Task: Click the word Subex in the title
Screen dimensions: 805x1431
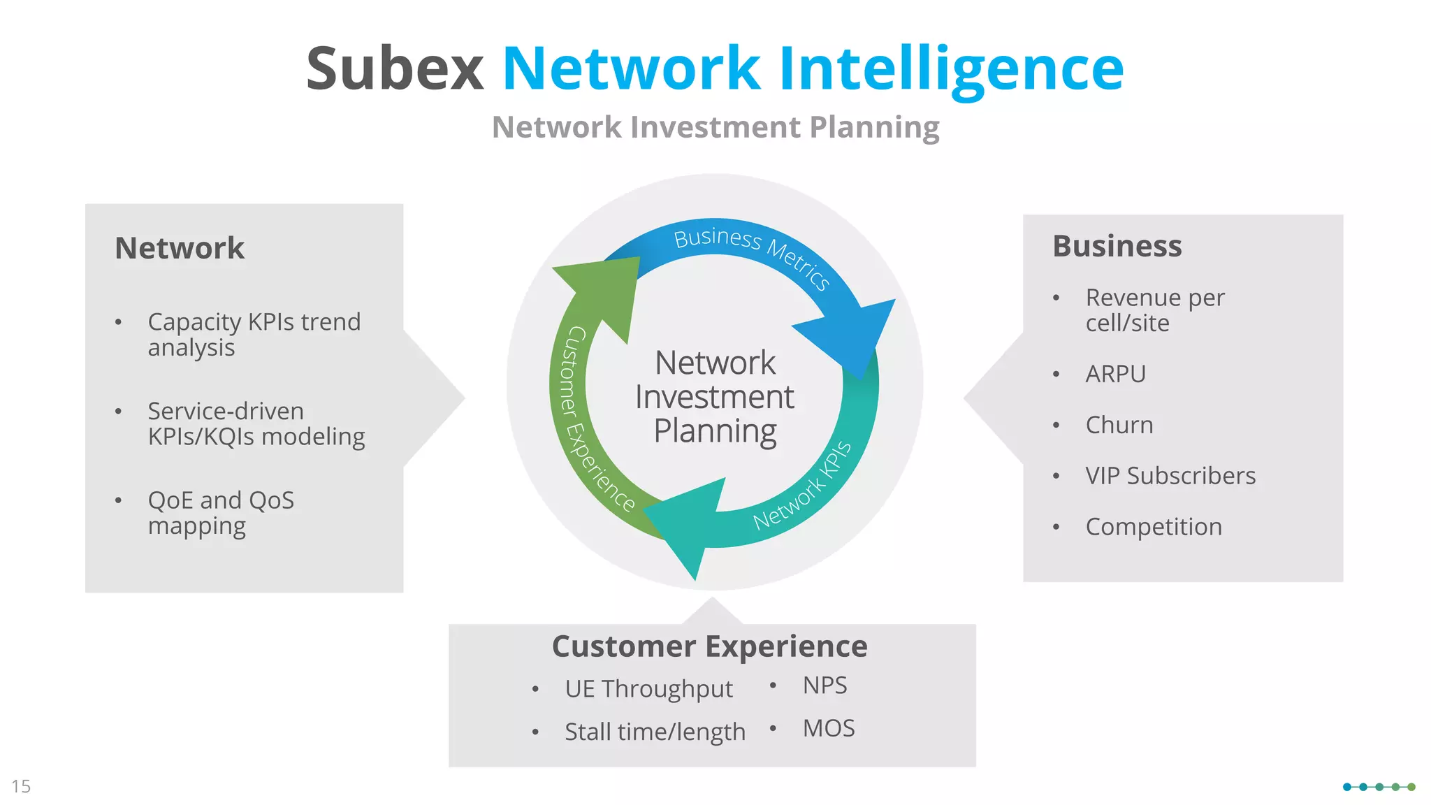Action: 395,68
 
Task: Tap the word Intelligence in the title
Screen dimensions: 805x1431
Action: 951,68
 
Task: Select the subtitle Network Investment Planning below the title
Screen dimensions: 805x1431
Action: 715,127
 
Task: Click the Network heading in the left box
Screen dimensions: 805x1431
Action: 180,248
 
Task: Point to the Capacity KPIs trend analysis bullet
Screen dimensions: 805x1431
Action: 254,334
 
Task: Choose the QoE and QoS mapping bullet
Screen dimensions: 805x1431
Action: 221,512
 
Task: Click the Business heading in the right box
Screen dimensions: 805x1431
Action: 1117,246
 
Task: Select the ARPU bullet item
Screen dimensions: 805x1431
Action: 1115,374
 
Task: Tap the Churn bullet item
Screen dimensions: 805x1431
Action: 1119,425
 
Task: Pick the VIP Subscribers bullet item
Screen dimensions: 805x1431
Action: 1170,476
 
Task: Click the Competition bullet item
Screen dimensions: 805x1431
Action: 1154,527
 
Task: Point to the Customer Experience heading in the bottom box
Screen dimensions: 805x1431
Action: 709,646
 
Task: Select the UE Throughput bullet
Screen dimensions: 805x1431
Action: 648,689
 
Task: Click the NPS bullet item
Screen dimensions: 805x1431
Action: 825,686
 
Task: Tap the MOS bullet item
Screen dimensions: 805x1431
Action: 829,728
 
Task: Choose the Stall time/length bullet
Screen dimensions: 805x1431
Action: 655,732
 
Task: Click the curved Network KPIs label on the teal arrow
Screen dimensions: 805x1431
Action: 802,486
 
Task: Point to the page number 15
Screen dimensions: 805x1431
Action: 21,786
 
